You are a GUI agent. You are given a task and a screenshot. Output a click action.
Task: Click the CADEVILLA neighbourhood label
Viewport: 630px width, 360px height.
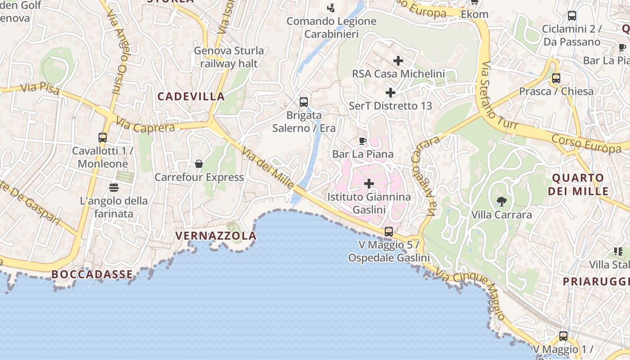tap(191, 96)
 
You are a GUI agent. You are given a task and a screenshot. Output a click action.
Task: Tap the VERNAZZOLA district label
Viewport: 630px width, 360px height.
tap(216, 236)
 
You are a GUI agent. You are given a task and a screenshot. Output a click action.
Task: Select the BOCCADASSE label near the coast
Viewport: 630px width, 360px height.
tap(92, 274)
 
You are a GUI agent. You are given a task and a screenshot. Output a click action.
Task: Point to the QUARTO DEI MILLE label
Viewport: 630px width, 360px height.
tap(578, 184)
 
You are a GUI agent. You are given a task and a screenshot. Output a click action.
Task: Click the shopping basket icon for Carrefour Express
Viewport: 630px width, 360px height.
tap(199, 164)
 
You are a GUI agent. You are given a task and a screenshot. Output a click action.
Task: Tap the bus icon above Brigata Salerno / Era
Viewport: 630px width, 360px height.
tap(304, 102)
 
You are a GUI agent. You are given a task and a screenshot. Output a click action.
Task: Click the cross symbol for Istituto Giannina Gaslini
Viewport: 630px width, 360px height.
tap(369, 184)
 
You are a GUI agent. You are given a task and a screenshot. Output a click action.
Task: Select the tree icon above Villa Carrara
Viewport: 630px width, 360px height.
tap(501, 201)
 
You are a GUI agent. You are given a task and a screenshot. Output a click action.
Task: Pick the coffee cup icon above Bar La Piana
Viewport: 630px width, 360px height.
tap(363, 141)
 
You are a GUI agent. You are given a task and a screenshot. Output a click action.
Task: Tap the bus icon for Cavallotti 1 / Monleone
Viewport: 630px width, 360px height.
tap(103, 137)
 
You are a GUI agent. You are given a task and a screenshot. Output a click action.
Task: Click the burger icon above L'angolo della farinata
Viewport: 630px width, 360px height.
tap(113, 187)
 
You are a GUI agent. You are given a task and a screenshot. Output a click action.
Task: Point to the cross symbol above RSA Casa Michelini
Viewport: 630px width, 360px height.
tap(398, 60)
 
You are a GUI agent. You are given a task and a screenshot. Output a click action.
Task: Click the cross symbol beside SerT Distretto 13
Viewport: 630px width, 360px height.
tap(391, 93)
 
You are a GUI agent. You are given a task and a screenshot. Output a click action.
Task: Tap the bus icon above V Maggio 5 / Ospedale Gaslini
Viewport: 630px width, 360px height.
tap(389, 232)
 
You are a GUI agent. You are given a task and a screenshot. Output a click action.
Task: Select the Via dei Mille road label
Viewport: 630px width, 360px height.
tap(268, 168)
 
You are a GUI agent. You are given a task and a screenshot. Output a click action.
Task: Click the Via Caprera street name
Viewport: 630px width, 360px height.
tap(145, 125)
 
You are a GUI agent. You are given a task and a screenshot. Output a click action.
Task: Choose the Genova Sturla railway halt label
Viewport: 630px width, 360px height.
tap(229, 57)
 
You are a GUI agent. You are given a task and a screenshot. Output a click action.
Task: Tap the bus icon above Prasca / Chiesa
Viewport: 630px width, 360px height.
tap(556, 78)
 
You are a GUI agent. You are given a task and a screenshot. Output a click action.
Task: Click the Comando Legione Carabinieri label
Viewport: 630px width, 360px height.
tap(332, 27)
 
